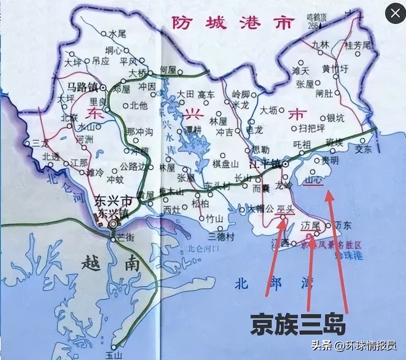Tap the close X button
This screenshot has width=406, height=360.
pos(395,13)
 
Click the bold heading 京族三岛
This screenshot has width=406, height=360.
pos(298,324)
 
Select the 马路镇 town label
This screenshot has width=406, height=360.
pos(83,87)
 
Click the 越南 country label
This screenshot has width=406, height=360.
pos(111,263)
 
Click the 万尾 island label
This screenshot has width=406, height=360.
pos(309,226)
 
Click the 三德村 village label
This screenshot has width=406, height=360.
pos(221,236)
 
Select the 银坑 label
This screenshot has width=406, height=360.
pos(336,118)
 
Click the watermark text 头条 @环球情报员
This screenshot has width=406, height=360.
pos(354,346)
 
